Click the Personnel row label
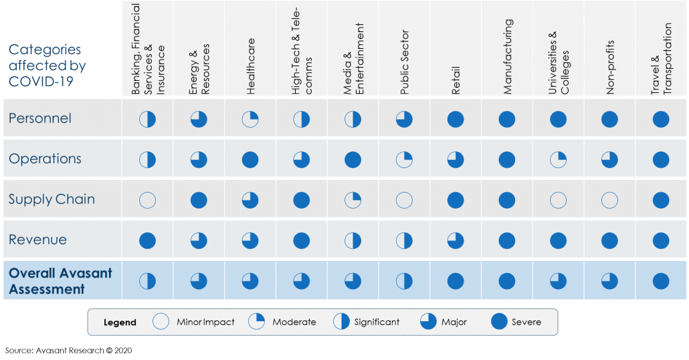click(x=40, y=118)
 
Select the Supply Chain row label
click(x=52, y=199)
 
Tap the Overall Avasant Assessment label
click(x=60, y=281)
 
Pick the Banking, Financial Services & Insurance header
click(x=147, y=50)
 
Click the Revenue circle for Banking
click(x=147, y=240)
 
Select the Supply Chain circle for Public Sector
click(x=404, y=200)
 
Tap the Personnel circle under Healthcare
click(x=250, y=119)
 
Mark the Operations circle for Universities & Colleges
click(x=558, y=160)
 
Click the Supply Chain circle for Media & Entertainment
click(x=353, y=200)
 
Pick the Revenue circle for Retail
click(x=456, y=240)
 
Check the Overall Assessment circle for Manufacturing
click(x=507, y=281)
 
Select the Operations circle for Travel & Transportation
click(x=661, y=160)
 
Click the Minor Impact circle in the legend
click(x=161, y=322)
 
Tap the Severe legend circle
click(x=499, y=322)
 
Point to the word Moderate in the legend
click(x=294, y=322)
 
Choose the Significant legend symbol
click(x=342, y=322)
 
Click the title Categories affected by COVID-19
click(x=47, y=66)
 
